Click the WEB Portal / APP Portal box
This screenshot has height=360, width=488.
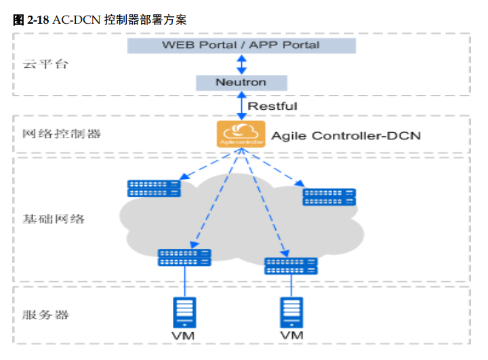point(241,45)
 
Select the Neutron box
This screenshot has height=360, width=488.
point(241,83)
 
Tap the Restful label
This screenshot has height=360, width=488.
point(272,106)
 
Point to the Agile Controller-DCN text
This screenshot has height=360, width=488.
point(346,136)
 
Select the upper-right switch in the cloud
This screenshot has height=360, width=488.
point(329,197)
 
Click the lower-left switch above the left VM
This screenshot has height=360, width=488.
point(184,257)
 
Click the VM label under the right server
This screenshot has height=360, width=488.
point(292,336)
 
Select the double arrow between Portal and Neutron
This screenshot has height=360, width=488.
point(241,64)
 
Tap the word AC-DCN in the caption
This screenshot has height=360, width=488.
point(75,20)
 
